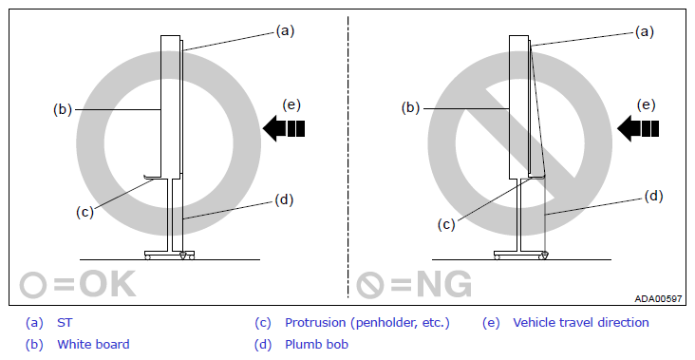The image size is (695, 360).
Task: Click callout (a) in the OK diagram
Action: tap(285, 30)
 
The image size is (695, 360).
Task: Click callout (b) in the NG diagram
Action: tap(410, 107)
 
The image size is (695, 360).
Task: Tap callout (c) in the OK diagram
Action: tap(85, 212)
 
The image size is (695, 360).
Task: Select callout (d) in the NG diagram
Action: tap(653, 196)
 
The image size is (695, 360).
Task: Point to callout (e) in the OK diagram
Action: tap(291, 104)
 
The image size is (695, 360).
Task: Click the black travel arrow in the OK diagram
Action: tap(284, 128)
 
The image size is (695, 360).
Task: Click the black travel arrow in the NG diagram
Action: tap(638, 128)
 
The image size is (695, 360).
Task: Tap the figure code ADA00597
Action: tap(658, 299)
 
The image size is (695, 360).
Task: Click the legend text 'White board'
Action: tap(93, 344)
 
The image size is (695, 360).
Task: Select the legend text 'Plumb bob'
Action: tap(316, 344)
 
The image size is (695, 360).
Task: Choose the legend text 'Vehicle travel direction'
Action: tap(581, 322)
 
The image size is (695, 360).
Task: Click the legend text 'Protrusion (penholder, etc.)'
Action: tap(367, 323)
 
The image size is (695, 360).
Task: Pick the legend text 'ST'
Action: tap(65, 323)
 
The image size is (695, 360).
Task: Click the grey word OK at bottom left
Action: tap(107, 284)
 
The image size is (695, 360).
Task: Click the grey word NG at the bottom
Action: tap(444, 284)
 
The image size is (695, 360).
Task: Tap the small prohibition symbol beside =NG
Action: tap(369, 285)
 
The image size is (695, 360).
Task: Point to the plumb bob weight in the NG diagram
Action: tap(544, 255)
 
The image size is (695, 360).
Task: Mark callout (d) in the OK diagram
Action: tap(284, 200)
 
